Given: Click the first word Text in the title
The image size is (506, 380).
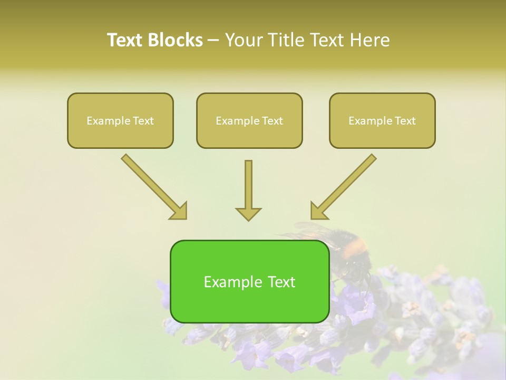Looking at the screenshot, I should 125,40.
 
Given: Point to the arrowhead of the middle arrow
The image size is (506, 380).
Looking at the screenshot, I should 248,214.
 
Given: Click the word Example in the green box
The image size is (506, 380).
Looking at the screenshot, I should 230,282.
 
